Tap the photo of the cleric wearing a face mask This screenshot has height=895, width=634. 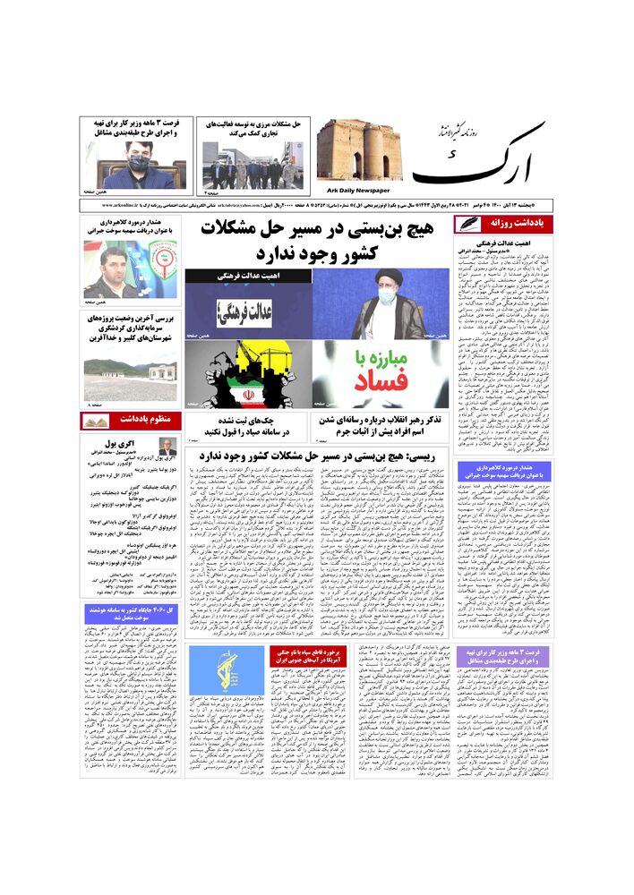pyautogui.click(x=381, y=303)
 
